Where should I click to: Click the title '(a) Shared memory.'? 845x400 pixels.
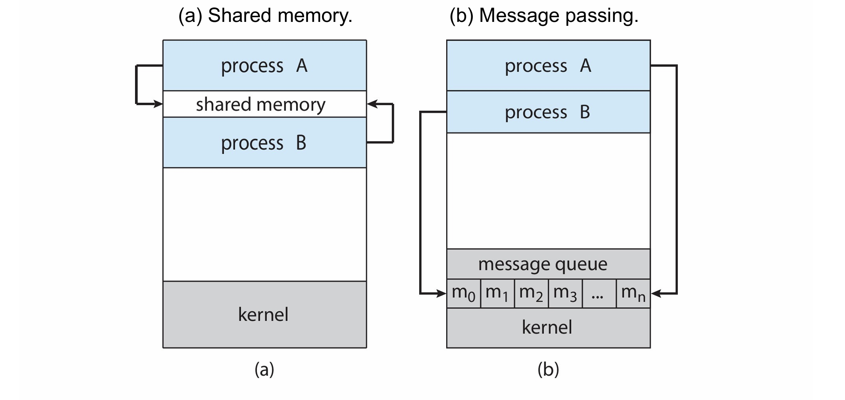[265, 16]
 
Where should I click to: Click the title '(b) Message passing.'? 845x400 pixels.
[544, 16]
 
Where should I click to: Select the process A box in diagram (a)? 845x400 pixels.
[265, 66]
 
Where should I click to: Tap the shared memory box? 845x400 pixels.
[261, 104]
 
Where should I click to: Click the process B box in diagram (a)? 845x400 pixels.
[265, 143]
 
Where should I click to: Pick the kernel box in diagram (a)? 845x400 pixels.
[265, 314]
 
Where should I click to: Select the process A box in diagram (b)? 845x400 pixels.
[548, 66]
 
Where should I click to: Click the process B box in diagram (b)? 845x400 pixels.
[548, 112]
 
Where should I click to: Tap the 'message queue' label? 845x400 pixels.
[543, 264]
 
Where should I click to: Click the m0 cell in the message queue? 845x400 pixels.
[464, 293]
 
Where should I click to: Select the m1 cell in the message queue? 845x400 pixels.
[497, 293]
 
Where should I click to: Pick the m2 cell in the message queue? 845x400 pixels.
[531, 293]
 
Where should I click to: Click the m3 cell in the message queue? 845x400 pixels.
[565, 293]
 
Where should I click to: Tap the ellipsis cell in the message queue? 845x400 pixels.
[598, 293]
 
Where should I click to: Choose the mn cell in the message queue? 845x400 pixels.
[633, 293]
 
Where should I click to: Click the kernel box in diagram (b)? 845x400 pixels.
[548, 327]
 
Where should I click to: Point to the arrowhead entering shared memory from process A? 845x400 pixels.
[158, 104]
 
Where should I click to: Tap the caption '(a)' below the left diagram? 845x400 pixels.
[265, 369]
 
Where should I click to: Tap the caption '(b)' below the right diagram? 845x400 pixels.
[548, 369]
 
